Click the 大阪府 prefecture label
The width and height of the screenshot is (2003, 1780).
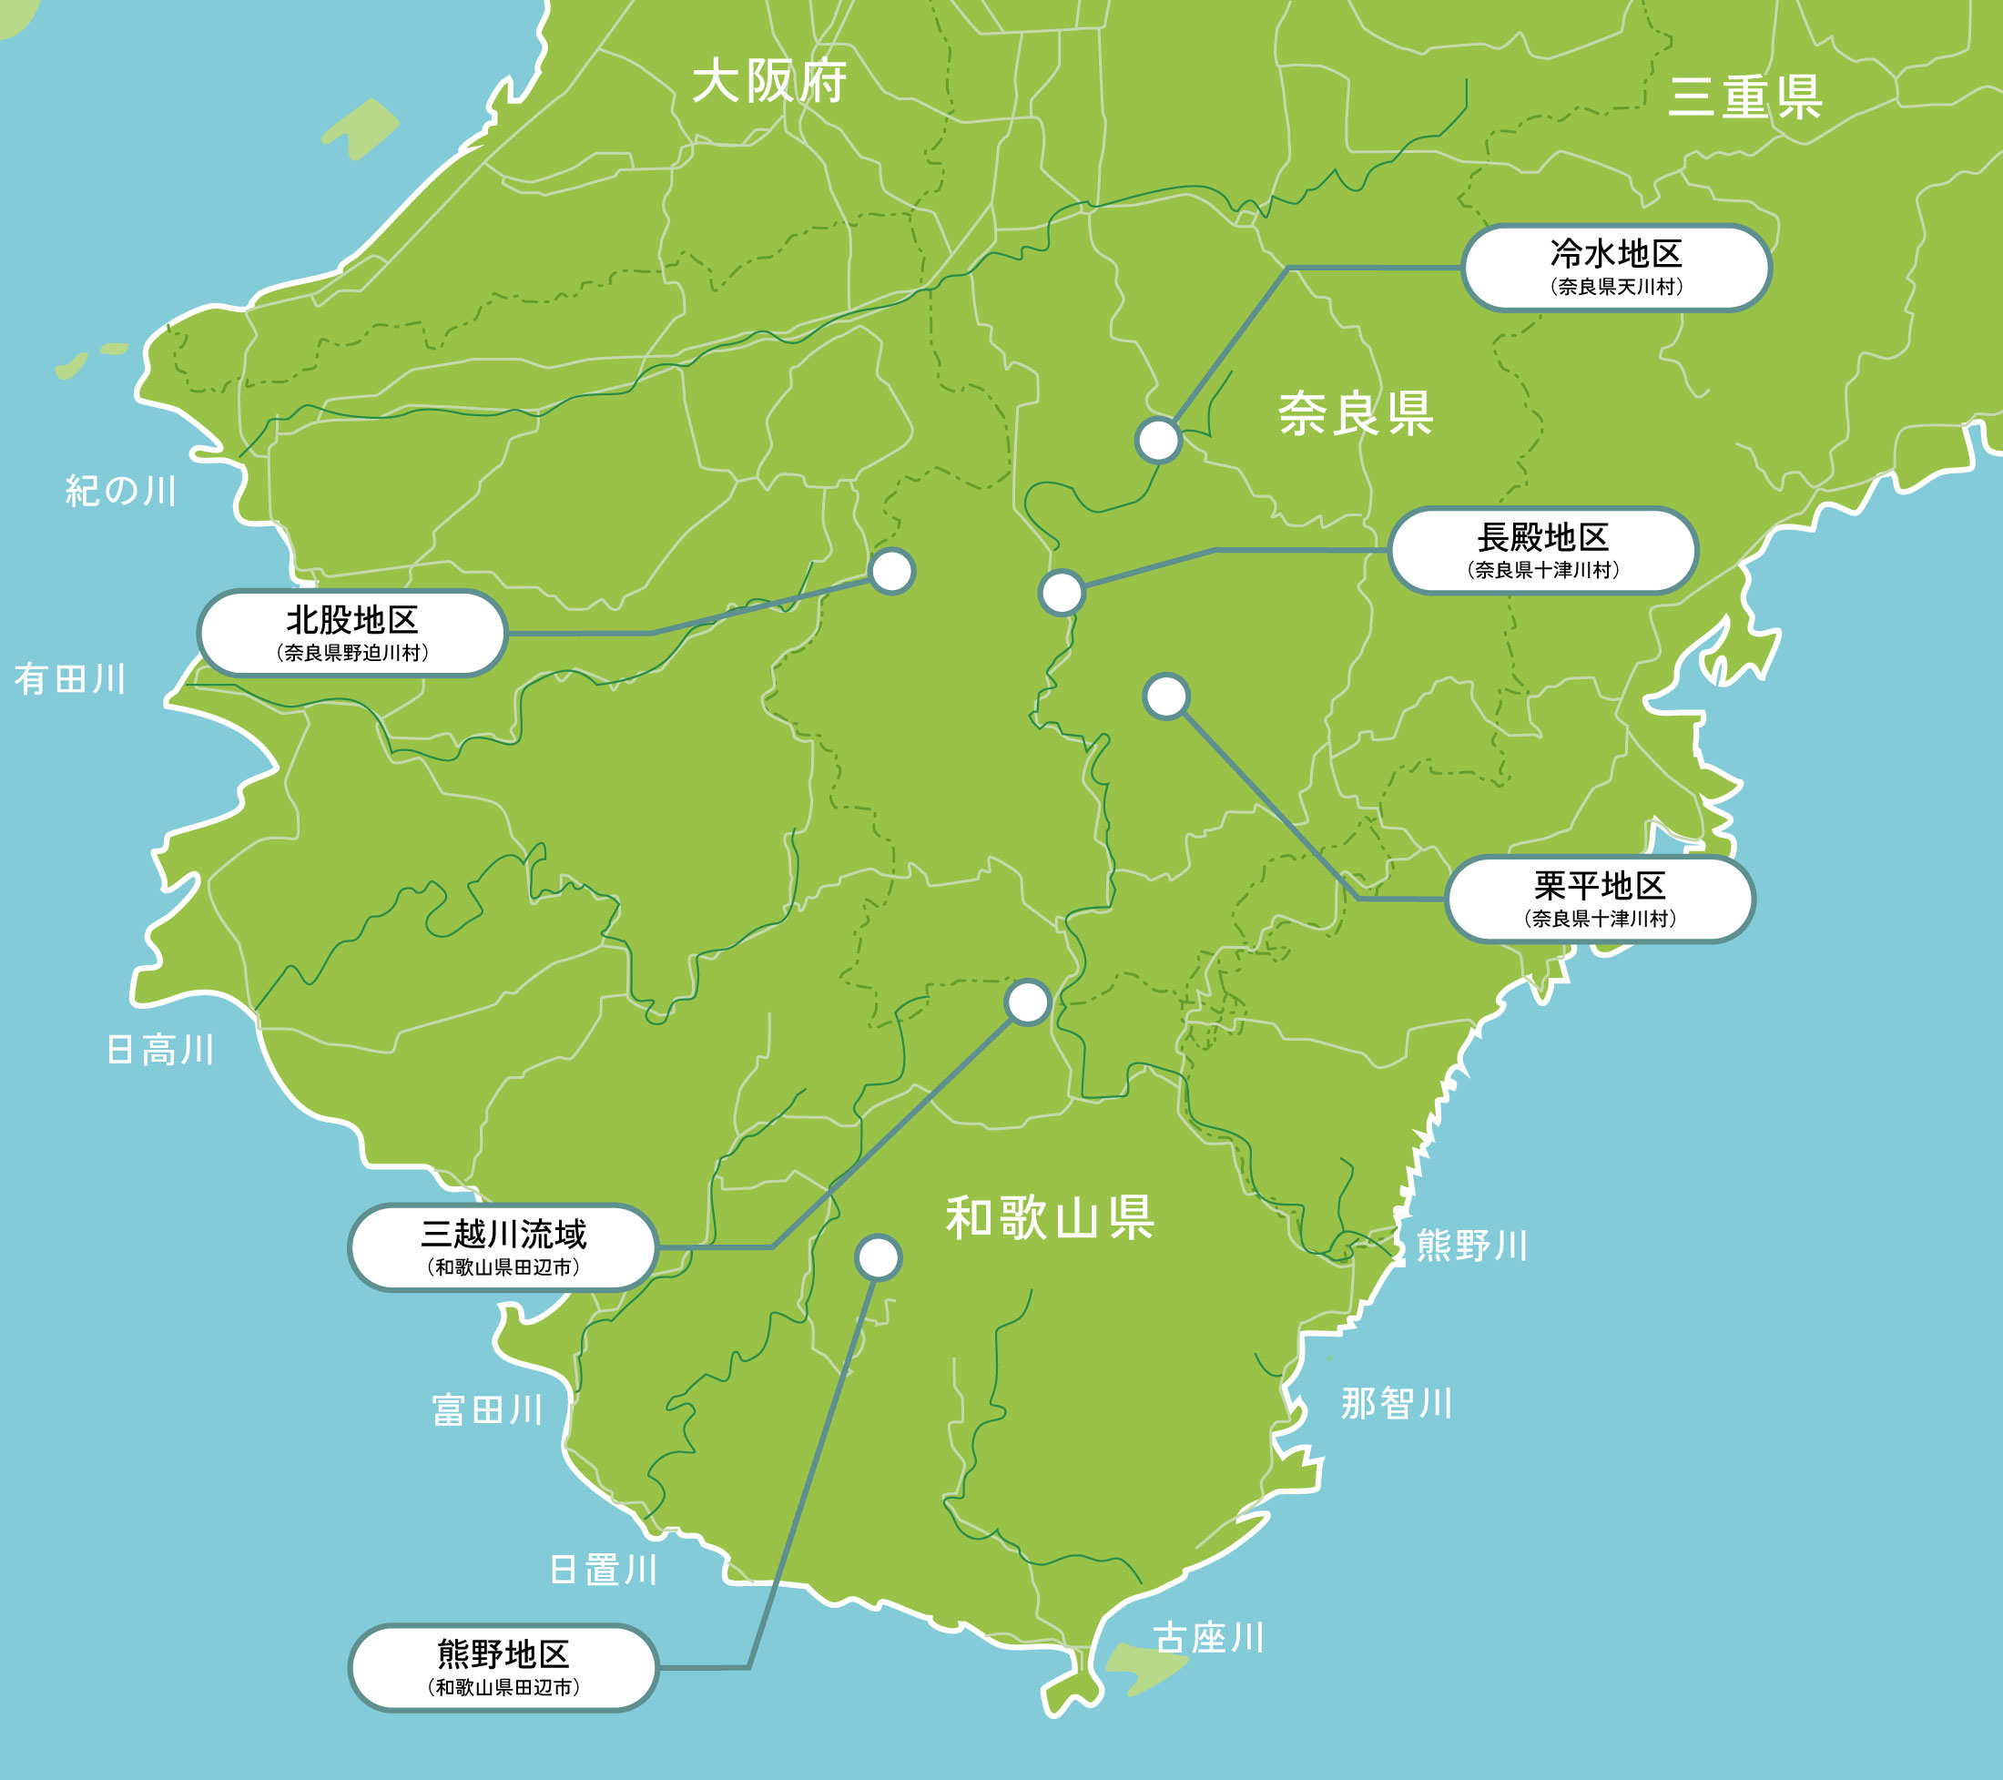[x=769, y=81]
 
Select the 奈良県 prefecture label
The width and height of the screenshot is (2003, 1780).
[x=1356, y=413]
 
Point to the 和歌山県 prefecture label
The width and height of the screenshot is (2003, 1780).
[x=1050, y=1218]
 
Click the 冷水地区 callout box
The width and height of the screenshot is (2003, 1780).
[x=1616, y=268]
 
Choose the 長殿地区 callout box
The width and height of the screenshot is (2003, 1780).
[x=1542, y=551]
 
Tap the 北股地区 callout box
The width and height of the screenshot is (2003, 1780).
[x=351, y=633]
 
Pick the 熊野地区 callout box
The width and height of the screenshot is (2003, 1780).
[x=503, y=1667]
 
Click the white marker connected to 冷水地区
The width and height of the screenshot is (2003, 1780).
[x=1158, y=440]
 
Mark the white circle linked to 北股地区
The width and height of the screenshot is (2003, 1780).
[x=891, y=572]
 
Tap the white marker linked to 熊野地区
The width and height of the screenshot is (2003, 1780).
[x=878, y=1257]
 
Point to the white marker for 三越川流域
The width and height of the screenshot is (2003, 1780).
[x=1028, y=1002]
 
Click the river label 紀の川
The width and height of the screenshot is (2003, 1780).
[x=121, y=491]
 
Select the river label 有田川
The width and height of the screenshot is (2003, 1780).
[x=70, y=679]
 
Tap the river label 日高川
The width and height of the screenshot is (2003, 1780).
[x=159, y=1050]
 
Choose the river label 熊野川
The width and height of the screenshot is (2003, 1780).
[x=1472, y=1246]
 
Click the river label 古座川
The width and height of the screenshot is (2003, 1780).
[x=1208, y=1638]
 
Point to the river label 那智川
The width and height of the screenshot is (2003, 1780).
[x=1397, y=1404]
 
